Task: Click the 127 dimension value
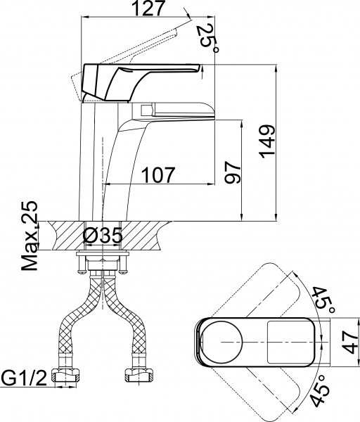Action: coord(147,10)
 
